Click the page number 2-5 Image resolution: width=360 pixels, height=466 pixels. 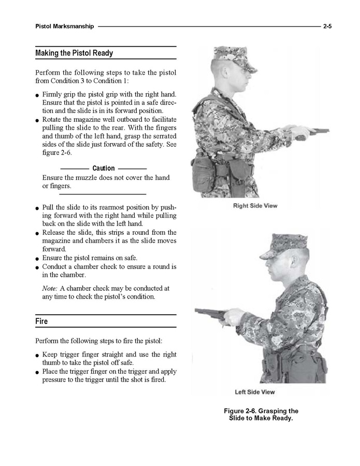pyautogui.click(x=327, y=26)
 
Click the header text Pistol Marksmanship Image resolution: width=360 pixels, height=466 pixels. pyautogui.click(x=65, y=26)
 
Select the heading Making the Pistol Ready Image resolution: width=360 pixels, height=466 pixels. pyautogui.click(x=74, y=53)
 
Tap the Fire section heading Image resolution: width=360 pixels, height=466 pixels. pyautogui.click(x=42, y=321)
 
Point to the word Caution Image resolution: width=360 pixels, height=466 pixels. pyautogui.click(x=104, y=168)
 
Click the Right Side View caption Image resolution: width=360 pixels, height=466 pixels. pyautogui.click(x=255, y=206)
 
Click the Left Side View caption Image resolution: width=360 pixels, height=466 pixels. pyautogui.click(x=255, y=392)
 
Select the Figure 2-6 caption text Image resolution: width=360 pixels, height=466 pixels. pyautogui.click(x=261, y=415)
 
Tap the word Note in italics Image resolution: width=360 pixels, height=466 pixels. pyautogui.click(x=50, y=288)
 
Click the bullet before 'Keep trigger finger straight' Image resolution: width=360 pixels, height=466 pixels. pyautogui.click(x=38, y=356)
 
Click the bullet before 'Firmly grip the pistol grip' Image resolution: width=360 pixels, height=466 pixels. pyautogui.click(x=38, y=95)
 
